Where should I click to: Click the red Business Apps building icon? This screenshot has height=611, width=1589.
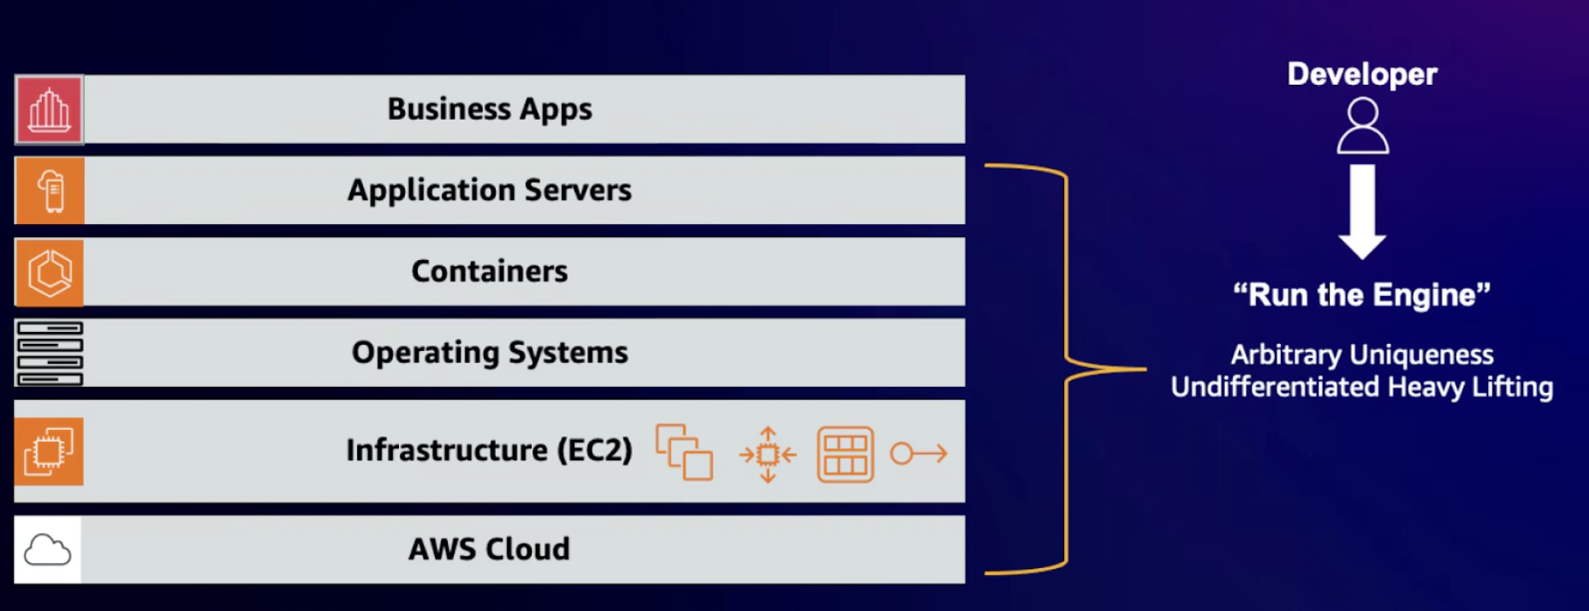tap(49, 110)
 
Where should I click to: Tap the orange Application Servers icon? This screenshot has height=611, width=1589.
tap(50, 190)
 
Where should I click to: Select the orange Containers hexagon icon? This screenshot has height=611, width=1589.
tap(50, 272)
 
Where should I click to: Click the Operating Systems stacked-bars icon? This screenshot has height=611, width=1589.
tap(50, 353)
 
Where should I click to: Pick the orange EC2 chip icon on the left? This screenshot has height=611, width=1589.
tap(49, 451)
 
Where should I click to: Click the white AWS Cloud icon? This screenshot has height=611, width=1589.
tap(48, 549)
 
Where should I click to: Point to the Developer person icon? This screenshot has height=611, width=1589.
tap(1362, 126)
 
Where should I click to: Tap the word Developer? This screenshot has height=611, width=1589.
tap(1362, 74)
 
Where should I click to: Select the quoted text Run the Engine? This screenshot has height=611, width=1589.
tap(1362, 295)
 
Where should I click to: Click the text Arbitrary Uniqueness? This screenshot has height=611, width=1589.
tap(1362, 354)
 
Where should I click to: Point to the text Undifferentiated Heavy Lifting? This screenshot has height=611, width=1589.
tap(1362, 387)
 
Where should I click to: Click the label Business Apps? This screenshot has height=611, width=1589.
tap(490, 110)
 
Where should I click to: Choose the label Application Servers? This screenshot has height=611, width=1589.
tap(490, 190)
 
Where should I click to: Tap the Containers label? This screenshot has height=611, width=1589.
tap(490, 271)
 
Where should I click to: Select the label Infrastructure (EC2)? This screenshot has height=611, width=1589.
tap(490, 450)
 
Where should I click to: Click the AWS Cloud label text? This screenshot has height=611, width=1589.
tap(490, 549)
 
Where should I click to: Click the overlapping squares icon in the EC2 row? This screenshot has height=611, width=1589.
tap(684, 452)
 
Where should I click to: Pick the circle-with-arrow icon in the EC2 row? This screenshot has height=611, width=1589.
tap(919, 453)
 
